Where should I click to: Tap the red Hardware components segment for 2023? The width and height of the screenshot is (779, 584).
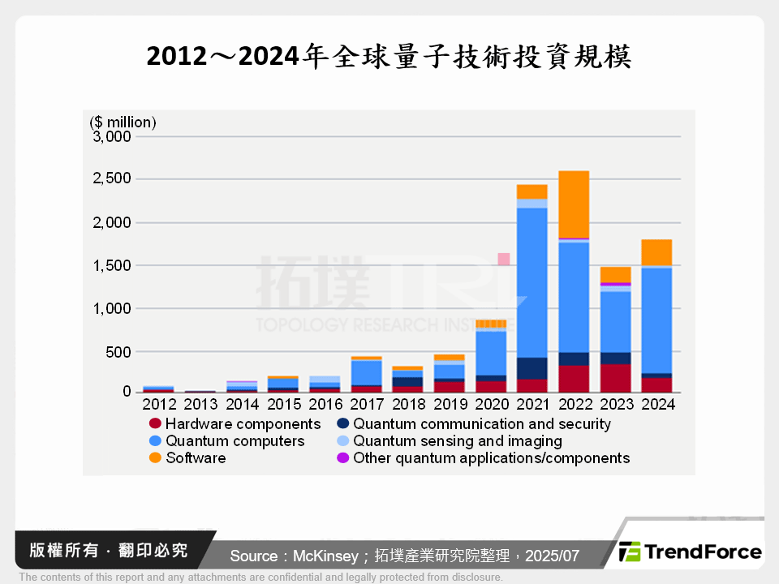(x=615, y=378)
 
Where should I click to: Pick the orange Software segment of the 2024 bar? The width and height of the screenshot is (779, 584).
(x=656, y=252)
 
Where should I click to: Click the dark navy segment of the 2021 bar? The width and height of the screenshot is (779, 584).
(x=532, y=368)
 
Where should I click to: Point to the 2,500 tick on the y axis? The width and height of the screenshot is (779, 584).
(x=113, y=178)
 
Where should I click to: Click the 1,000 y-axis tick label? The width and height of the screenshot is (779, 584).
(x=113, y=308)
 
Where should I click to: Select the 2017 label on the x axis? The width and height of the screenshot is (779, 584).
(x=366, y=403)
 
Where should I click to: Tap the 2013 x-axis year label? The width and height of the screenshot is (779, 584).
(x=200, y=403)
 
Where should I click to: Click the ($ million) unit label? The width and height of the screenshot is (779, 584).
(x=123, y=122)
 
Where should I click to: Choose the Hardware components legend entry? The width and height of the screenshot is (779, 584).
(x=243, y=424)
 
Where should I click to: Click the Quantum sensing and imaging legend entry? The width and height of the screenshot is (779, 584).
(x=457, y=441)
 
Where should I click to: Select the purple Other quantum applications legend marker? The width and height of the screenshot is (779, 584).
(x=342, y=458)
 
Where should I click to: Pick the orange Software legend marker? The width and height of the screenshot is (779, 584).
(x=155, y=458)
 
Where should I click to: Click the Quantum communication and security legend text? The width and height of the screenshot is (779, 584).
(x=482, y=424)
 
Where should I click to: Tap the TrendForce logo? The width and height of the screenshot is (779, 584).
(x=691, y=552)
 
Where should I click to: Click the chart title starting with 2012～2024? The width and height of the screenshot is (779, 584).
(x=389, y=57)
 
